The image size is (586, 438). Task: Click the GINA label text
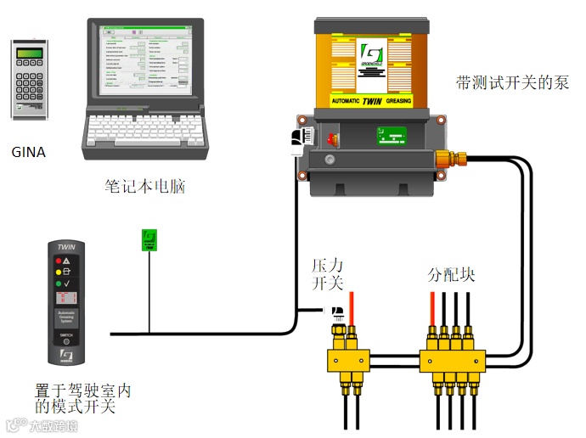[28, 153]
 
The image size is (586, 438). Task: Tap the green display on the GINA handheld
[30, 54]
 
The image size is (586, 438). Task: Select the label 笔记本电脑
[144, 186]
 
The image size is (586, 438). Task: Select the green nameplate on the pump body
[392, 135]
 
